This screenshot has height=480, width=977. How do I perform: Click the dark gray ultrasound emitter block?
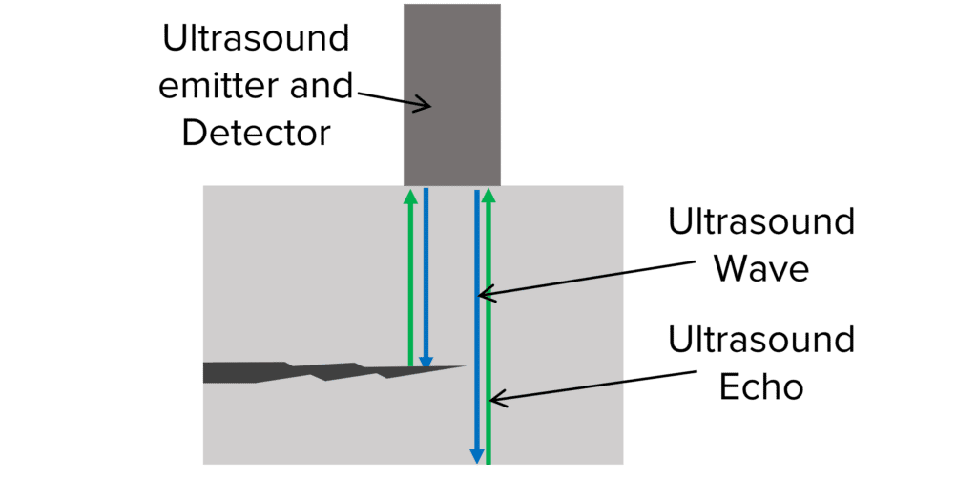tap(451, 57)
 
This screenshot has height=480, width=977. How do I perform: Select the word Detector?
tap(256, 134)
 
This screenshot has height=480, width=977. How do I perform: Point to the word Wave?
tap(760, 268)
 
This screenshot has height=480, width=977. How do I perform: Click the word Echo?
tap(760, 386)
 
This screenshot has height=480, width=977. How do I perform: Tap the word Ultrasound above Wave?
tap(760, 222)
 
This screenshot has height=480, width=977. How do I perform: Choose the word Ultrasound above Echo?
tap(760, 341)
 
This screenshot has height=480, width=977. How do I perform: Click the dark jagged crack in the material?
tap(286, 371)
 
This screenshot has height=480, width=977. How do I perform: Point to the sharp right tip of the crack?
tap(462, 366)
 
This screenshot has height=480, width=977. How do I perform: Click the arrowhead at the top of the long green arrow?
tap(488, 196)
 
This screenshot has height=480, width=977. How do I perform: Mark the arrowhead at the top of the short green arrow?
tap(410, 196)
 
